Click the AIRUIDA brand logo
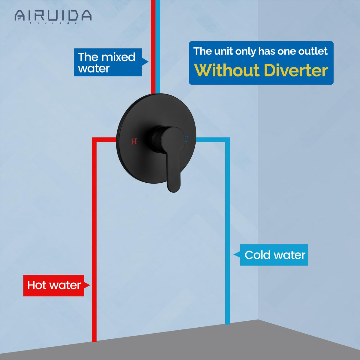pyautogui.click(x=53, y=16)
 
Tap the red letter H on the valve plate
pyautogui.click(x=134, y=141)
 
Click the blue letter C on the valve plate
pyautogui.click(x=186, y=139)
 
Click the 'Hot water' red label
pyautogui.click(x=54, y=285)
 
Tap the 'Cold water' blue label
pyautogui.click(x=274, y=255)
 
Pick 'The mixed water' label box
pyautogui.click(x=107, y=62)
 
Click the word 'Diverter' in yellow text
pyautogui.click(x=296, y=70)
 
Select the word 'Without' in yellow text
pyautogui.click(x=227, y=70)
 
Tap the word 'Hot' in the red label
pyautogui.click(x=37, y=285)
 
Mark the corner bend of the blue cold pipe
pyautogui.click(x=227, y=140)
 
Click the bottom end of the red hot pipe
pyautogui.click(x=94, y=340)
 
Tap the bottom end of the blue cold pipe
pyautogui.click(x=227, y=323)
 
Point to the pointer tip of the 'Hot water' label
pyautogui.click(x=89, y=285)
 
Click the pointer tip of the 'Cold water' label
pyautogui.click(x=234, y=255)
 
